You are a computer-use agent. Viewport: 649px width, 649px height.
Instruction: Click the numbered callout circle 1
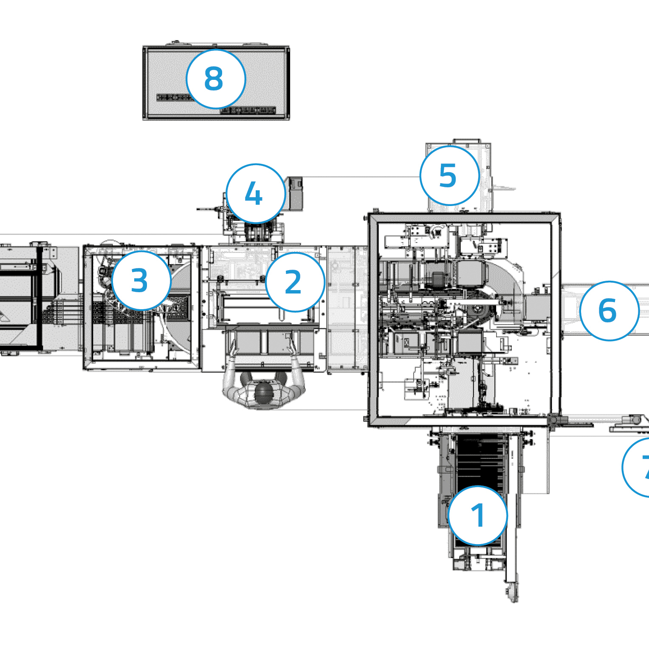click(x=478, y=516)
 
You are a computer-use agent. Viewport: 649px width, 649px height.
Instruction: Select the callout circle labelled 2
click(x=295, y=282)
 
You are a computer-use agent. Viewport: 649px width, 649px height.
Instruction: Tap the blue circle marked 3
click(x=141, y=280)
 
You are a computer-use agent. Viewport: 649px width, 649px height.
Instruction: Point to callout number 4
click(x=256, y=194)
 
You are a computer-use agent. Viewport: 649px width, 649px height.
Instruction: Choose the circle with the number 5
click(x=449, y=175)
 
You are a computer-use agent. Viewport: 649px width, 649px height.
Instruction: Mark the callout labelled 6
click(x=609, y=310)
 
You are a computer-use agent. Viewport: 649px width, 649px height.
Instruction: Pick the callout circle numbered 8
click(x=216, y=79)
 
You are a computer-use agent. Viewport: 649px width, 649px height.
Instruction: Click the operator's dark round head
click(x=263, y=392)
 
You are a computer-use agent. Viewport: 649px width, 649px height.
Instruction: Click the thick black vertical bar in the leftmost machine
click(x=39, y=297)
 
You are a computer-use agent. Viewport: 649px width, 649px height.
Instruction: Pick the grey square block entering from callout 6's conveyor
click(x=537, y=308)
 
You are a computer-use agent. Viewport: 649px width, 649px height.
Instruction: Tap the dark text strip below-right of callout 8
click(x=248, y=111)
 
